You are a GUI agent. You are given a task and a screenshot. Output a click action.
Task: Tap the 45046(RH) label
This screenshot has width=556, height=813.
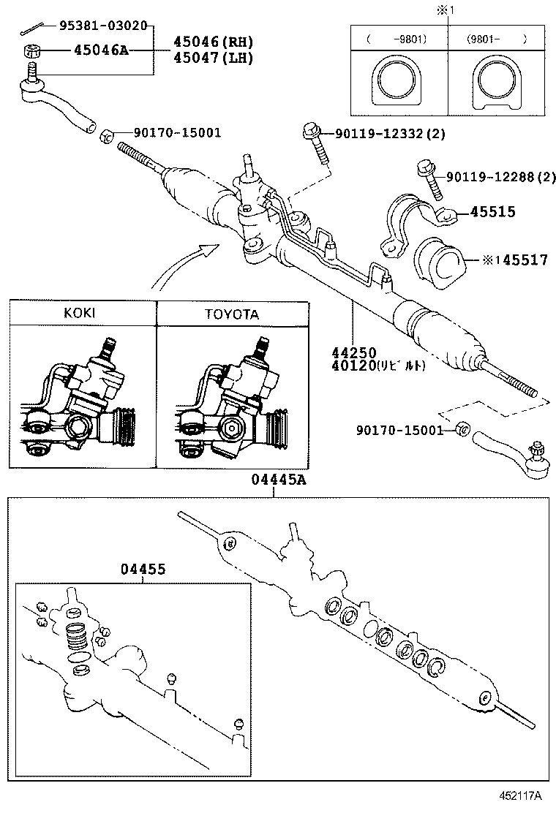point(212,42)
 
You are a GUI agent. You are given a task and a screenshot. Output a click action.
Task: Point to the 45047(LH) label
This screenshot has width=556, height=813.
point(212,58)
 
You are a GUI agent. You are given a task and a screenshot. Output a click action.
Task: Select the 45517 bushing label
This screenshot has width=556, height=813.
point(505,260)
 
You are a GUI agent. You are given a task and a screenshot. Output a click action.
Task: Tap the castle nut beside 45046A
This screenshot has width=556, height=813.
point(31,51)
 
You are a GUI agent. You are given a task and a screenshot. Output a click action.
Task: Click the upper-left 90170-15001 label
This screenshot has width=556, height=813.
point(177,133)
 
